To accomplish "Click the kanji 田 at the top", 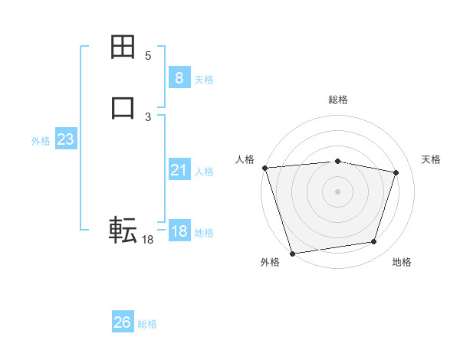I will pos(123,47).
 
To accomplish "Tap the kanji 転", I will pos(123,229).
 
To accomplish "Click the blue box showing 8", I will pos(179,77).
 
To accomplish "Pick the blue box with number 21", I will pos(179,170).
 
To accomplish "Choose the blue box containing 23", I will pos(65,139).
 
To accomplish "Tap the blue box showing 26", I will pos(122,322).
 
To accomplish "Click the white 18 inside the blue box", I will pos(179,231).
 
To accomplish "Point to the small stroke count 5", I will pos(148,56).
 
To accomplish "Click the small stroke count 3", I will pos(148,117).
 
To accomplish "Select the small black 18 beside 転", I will pos(147,240).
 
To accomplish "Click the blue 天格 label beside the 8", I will pos(204,79).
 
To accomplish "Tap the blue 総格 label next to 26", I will pos(147,324).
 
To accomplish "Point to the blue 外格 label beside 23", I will pos(41,141).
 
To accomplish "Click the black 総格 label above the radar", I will pos(337,100).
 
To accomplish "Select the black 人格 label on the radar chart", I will pos(245,159).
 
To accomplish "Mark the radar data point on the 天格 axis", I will pos(396,172).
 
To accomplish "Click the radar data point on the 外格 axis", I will pos(292,253).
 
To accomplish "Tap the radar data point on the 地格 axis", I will pos(373,242).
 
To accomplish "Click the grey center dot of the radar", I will pos(337,191).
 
